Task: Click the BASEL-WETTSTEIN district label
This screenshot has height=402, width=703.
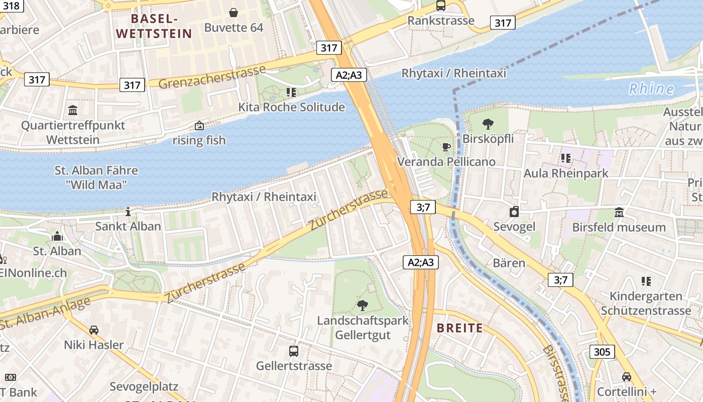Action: (154, 26)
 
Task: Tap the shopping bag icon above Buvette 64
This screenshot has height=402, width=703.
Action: (233, 12)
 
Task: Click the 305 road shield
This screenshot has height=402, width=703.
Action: (602, 352)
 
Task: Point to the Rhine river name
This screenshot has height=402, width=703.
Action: (651, 89)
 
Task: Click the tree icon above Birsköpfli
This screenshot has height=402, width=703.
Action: (488, 124)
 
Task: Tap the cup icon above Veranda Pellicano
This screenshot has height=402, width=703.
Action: (446, 147)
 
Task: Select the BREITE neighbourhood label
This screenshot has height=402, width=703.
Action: (459, 328)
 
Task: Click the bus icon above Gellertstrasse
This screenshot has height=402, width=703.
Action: (294, 351)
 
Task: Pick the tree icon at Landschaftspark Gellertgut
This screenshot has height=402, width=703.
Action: (362, 305)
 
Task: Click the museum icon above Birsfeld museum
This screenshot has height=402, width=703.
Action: (619, 212)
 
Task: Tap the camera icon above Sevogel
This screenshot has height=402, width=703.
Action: (514, 212)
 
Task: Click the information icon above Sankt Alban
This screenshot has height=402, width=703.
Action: (128, 212)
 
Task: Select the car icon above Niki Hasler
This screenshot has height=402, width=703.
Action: (93, 330)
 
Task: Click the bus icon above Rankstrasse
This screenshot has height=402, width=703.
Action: (440, 6)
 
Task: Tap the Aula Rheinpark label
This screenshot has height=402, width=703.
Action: (565, 173)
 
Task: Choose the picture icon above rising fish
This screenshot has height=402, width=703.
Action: (199, 126)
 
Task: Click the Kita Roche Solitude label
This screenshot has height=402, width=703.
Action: (291, 107)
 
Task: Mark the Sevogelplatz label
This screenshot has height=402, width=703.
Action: (144, 387)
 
